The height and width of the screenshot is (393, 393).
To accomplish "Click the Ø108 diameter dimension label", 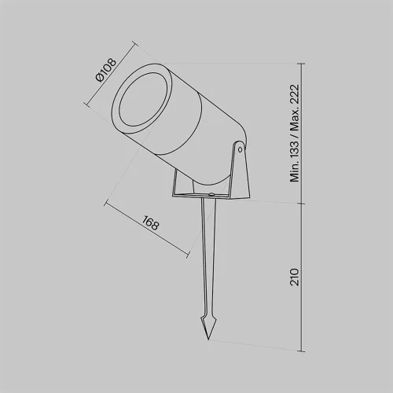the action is coord(106,70).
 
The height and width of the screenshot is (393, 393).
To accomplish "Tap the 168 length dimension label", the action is coord(151,223).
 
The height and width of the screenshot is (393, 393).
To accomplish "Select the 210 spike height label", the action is coord(295,277).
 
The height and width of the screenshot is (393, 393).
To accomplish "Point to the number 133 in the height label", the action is coord(295,149).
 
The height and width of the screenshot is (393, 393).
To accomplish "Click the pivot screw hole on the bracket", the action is coord(240,149).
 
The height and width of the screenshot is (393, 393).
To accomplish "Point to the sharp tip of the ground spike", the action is coord(208,340).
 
